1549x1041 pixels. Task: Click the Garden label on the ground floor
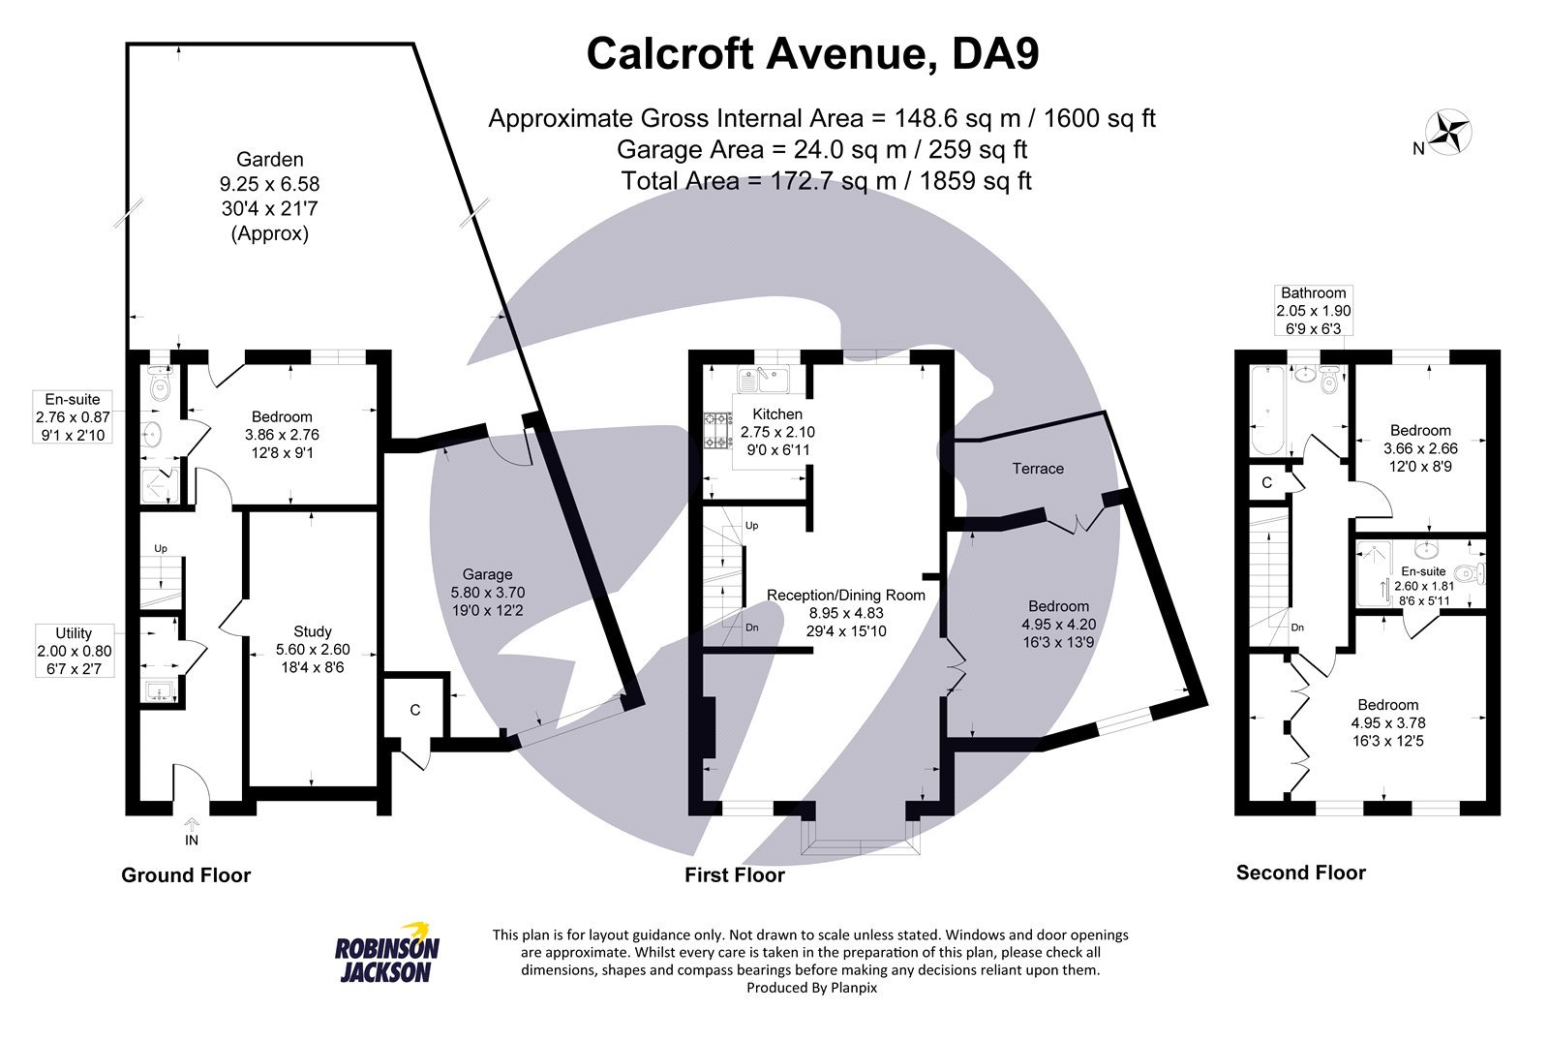[269, 160]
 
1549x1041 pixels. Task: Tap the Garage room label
[487, 574]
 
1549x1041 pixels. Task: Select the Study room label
[313, 631]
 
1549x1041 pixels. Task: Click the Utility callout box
[75, 651]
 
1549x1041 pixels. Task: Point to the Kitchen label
[771, 414]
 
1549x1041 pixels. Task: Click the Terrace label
[1038, 469]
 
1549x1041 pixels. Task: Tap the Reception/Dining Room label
[845, 596]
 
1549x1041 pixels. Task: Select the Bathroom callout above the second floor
[1313, 310]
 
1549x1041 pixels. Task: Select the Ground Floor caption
[186, 875]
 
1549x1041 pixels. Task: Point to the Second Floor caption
[1300, 873]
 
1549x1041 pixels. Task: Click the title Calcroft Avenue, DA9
[812, 54]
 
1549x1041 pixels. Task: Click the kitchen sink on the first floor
[765, 378]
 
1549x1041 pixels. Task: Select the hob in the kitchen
[717, 431]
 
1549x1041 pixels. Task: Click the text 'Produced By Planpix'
[811, 988]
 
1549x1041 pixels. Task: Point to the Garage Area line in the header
[821, 150]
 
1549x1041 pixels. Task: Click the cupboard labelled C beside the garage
[415, 710]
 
